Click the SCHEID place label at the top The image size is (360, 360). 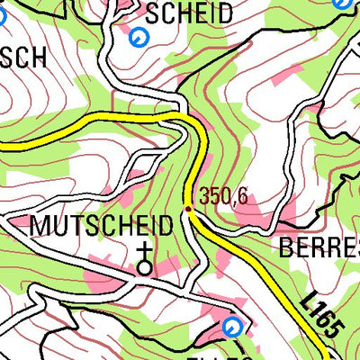click(x=189, y=13)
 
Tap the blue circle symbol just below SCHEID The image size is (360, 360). click(x=138, y=37)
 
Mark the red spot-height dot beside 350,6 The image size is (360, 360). click(x=188, y=209)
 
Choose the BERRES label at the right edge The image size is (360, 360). click(x=319, y=249)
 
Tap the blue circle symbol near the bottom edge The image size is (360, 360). click(x=232, y=326)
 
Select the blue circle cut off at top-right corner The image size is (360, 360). click(x=342, y=3)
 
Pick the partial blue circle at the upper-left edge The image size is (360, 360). click(x=2, y=13)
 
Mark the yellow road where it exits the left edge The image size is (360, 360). click(x=3, y=142)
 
